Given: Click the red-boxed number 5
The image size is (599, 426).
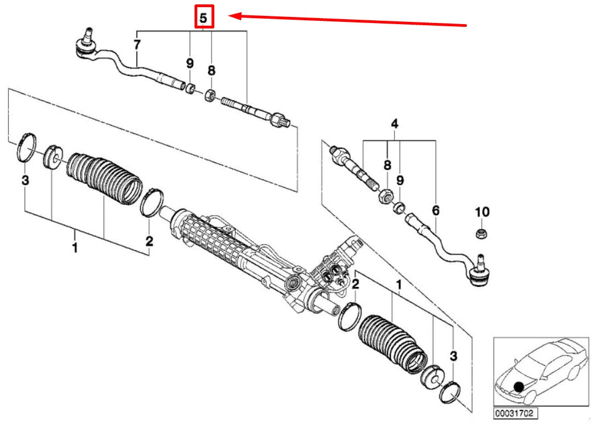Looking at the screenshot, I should coord(203,17).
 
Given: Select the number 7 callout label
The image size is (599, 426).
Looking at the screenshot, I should coord(136,44).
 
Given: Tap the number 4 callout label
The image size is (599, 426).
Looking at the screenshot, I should coord(394,124).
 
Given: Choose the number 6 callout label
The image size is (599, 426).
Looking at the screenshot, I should coord(436,210).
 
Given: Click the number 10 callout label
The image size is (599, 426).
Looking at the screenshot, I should coord(482,212).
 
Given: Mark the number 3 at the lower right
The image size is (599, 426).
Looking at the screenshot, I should coord(453,356).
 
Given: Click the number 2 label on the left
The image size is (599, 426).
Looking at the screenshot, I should coord(149,240).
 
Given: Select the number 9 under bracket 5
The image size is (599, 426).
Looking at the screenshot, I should coord(190,64).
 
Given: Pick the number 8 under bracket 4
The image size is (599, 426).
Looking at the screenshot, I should coord(388,164).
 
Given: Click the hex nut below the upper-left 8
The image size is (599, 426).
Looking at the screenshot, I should coord(210,95).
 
